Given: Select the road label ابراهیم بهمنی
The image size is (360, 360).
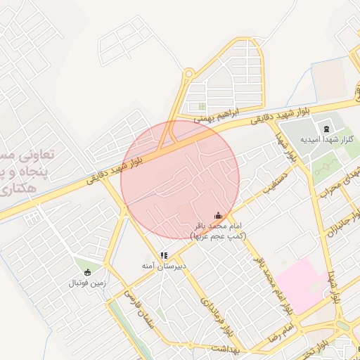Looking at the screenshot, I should point(218,115).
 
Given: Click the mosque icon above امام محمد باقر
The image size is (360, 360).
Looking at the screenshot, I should point(218,215).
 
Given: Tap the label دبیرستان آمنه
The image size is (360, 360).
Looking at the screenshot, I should point(163,267).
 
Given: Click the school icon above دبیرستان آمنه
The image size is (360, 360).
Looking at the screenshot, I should point(163,256).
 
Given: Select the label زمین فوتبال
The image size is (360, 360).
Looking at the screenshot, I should point(86,283).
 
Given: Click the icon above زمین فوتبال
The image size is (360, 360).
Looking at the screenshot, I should point(86,272).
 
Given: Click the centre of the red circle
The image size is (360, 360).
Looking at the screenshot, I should point(180,180).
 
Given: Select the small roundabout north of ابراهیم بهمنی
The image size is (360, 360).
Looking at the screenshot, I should point(188,72).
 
